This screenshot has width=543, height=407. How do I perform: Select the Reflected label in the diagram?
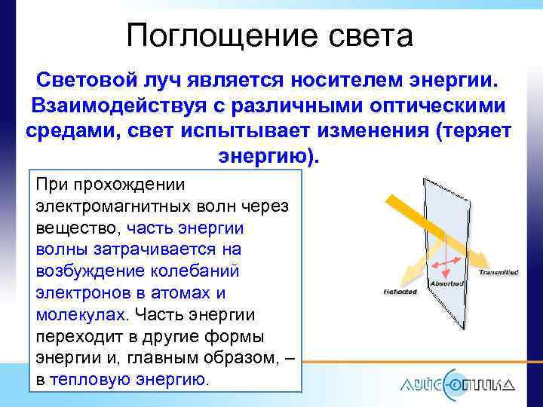400,291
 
